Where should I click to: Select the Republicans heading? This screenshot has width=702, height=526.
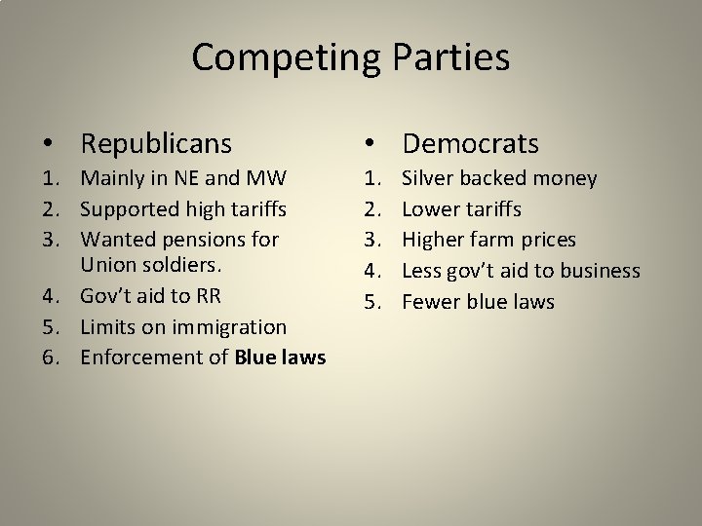[x=156, y=144]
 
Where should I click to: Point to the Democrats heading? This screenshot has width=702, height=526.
[x=470, y=144]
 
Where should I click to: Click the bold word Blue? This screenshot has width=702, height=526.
[x=255, y=357]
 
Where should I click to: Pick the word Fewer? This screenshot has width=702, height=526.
[x=430, y=302]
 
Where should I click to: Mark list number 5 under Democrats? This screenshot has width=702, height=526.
[x=372, y=302]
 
